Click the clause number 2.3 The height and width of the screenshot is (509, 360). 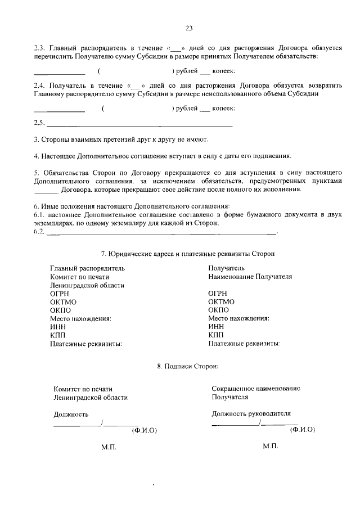(40, 48)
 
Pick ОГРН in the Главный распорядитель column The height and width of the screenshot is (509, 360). (60, 294)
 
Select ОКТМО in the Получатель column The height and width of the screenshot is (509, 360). (221, 301)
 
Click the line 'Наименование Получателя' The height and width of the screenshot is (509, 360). (250, 277)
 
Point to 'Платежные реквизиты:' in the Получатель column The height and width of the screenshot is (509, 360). (244, 343)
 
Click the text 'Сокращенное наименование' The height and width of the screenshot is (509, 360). (256, 389)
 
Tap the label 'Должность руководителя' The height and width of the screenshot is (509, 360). (251, 413)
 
